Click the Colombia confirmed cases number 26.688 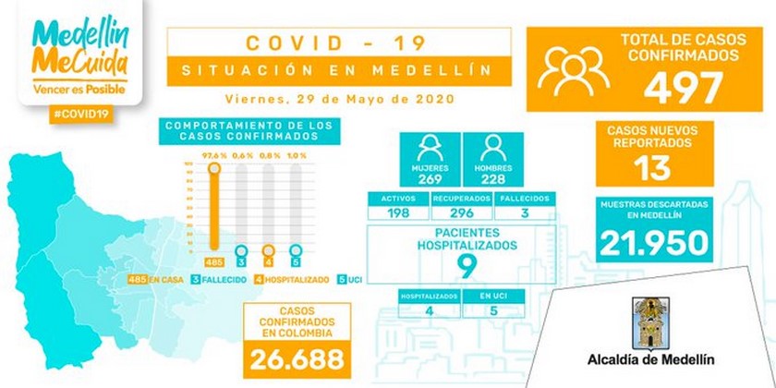299,357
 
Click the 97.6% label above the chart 215,153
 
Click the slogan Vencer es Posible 77,90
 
